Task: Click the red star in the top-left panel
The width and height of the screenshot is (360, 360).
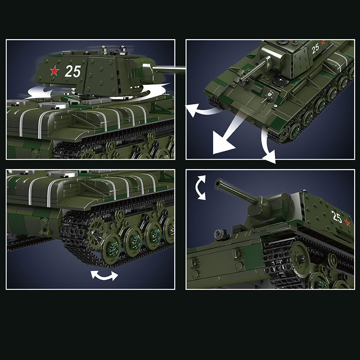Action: (x=54, y=71)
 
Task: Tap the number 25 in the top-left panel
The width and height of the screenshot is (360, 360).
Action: (x=73, y=71)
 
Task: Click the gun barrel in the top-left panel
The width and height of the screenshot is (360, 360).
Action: (x=169, y=69)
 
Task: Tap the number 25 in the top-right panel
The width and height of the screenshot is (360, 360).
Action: (x=315, y=48)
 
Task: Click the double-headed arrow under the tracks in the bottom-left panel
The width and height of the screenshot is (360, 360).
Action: (x=104, y=275)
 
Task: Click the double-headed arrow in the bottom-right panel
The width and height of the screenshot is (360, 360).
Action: (x=200, y=188)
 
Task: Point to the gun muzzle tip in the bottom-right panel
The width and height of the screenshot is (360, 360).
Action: (x=217, y=184)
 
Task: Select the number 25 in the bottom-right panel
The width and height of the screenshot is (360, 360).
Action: (x=337, y=216)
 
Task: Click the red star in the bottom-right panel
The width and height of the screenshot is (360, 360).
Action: (x=347, y=223)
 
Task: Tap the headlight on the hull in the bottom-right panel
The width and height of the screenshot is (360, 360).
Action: (x=220, y=234)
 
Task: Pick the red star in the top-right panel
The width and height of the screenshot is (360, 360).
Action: (x=323, y=42)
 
